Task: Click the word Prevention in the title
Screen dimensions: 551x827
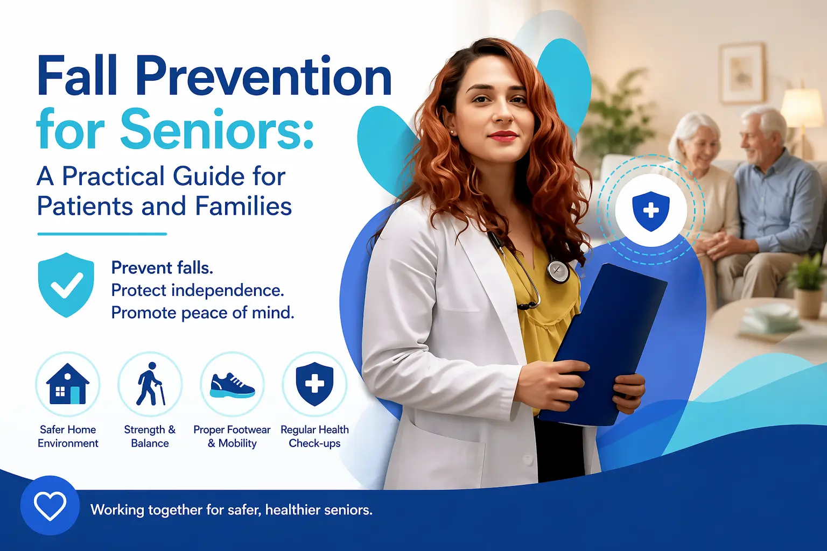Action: pyautogui.click(x=263, y=76)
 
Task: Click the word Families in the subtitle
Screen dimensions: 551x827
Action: pyautogui.click(x=243, y=206)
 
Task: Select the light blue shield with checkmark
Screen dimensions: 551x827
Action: pyautogui.click(x=66, y=284)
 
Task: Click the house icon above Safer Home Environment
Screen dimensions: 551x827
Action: pyautogui.click(x=68, y=384)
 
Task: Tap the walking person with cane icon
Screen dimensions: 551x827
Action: pyautogui.click(x=149, y=384)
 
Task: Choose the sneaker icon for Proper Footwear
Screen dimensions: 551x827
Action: pyautogui.click(x=232, y=386)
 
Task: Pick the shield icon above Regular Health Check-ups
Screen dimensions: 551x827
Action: pyautogui.click(x=314, y=384)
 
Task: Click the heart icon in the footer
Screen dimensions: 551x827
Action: pyautogui.click(x=50, y=506)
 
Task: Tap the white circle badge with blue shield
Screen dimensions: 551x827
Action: pyautogui.click(x=651, y=210)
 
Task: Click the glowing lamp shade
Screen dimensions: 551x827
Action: pyautogui.click(x=802, y=108)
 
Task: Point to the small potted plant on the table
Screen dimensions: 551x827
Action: pyautogui.click(x=808, y=285)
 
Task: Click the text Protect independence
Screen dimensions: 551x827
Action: pyautogui.click(x=197, y=291)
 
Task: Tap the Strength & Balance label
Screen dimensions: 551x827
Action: pyautogui.click(x=150, y=436)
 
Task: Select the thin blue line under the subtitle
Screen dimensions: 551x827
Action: pyautogui.click(x=102, y=234)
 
